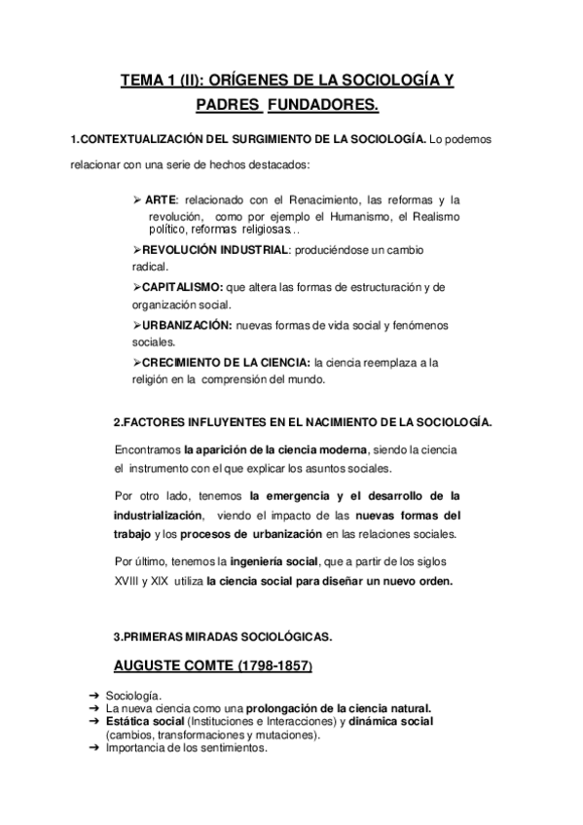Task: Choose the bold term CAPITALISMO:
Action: point(182,286)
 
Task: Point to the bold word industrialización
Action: point(160,515)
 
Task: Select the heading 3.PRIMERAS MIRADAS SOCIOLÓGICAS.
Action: point(222,636)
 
